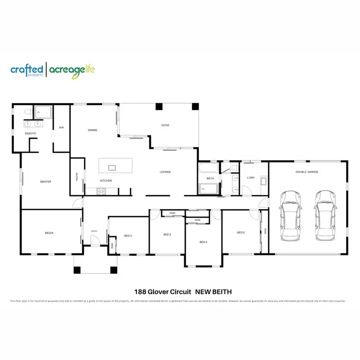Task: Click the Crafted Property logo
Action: tap(27, 70)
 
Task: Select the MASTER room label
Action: tap(46, 181)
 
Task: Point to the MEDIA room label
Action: tap(49, 233)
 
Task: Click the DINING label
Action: tap(93, 130)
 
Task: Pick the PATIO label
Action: tap(165, 125)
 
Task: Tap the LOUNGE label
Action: tap(165, 172)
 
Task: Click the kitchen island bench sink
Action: tap(112, 168)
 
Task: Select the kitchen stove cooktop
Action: tap(101, 191)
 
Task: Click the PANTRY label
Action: tap(77, 177)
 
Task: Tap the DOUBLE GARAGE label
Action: tap(307, 172)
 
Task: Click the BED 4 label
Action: tap(204, 242)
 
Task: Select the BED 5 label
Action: tap(241, 233)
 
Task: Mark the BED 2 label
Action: tap(128, 236)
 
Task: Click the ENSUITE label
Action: tap(31, 133)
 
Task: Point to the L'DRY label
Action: tap(251, 178)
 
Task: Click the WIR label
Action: tap(61, 128)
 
